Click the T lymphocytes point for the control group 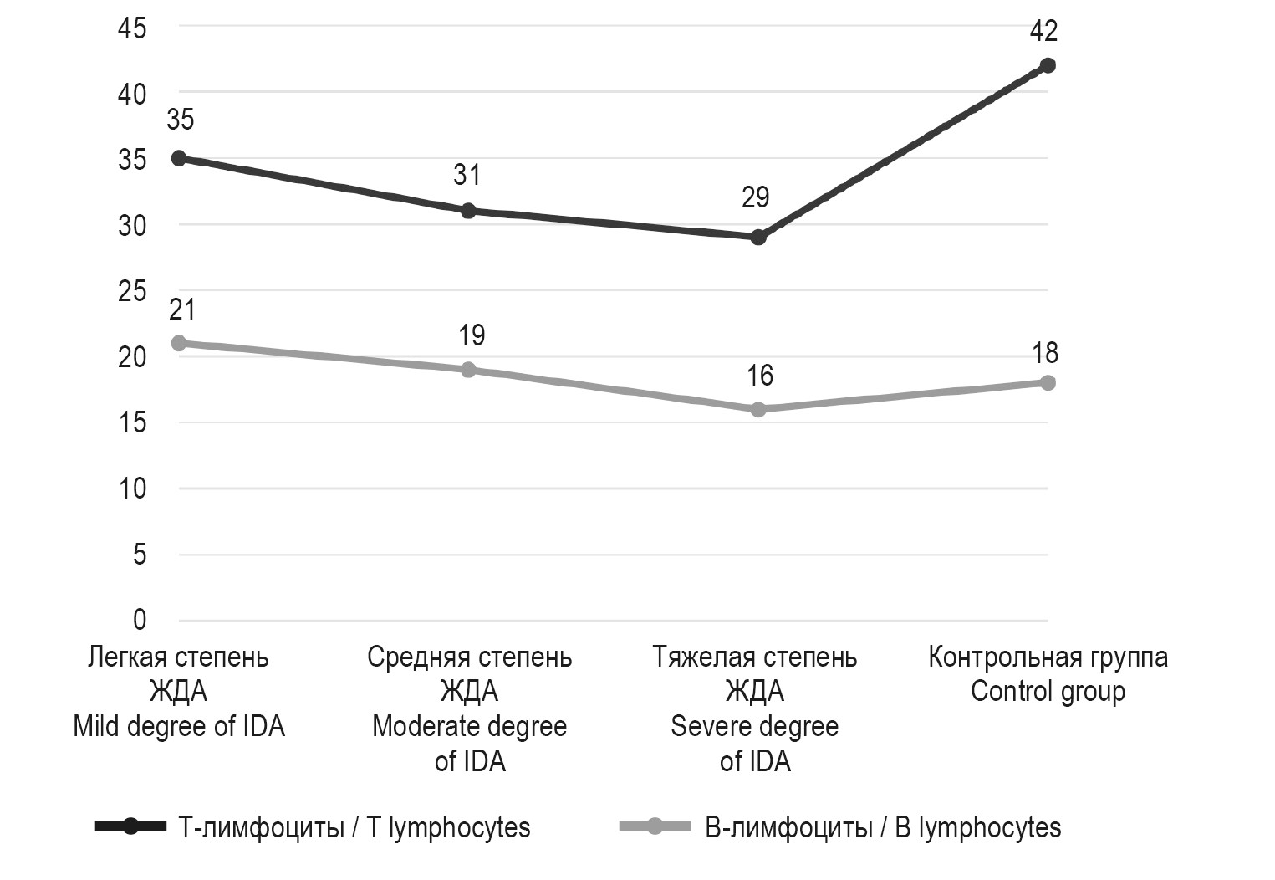tap(1047, 65)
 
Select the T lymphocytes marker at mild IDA tap(178, 158)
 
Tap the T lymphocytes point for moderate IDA tap(468, 211)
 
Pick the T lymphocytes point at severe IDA tap(758, 238)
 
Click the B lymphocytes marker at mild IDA tap(178, 343)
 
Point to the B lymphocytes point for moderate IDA tap(468, 370)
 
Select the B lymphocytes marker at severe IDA tap(758, 409)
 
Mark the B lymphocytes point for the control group tap(1047, 382)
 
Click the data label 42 tap(1043, 32)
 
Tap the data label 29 tap(755, 197)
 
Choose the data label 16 tap(759, 376)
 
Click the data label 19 tap(472, 335)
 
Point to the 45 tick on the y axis tap(132, 28)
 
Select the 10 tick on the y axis tap(132, 489)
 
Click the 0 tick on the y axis tap(139, 620)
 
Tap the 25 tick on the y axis tap(132, 291)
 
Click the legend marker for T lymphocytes tap(131, 827)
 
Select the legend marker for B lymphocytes tap(655, 827)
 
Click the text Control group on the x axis tap(1048, 692)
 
